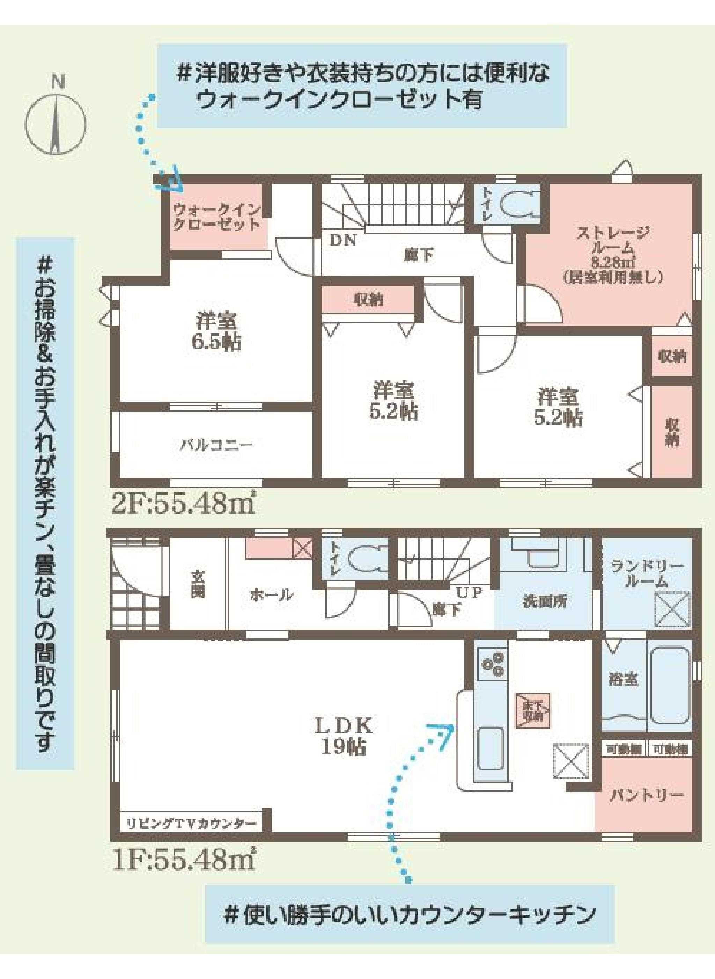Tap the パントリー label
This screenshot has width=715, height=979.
click(x=647, y=795)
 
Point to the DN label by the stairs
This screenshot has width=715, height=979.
click(x=343, y=241)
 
